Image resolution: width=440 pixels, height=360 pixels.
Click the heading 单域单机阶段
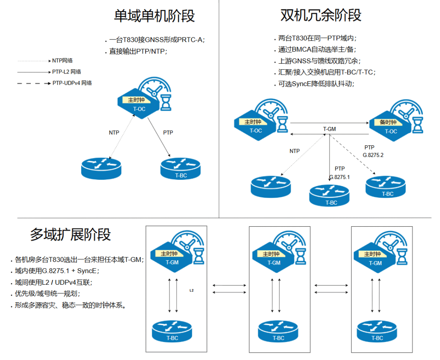click(x=154, y=16)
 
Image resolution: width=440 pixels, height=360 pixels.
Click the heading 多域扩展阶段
click(x=70, y=234)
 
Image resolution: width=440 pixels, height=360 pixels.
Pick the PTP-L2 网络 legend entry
click(x=67, y=72)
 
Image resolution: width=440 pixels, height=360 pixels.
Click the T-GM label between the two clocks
click(x=330, y=129)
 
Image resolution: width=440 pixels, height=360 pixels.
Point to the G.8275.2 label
click(x=373, y=155)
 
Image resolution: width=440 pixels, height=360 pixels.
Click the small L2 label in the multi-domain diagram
click(x=192, y=291)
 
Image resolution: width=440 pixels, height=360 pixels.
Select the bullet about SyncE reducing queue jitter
click(x=316, y=84)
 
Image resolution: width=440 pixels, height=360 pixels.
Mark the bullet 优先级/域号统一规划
click(x=47, y=294)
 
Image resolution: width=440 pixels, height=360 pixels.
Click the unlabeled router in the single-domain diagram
click(x=101, y=168)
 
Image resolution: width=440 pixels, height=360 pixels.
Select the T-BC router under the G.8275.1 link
click(x=330, y=196)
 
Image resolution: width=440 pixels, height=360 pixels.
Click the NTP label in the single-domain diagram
click(x=114, y=133)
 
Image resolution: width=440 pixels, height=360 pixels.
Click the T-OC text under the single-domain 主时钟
click(x=139, y=109)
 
